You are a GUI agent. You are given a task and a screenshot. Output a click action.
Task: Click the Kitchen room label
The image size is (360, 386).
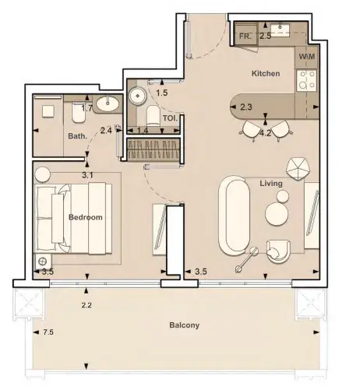(266, 73)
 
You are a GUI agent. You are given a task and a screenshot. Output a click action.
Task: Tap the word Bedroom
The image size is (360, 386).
(86, 217)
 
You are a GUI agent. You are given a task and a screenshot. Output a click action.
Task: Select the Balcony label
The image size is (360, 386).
(185, 325)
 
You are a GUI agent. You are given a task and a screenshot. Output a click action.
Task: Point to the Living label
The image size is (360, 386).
(271, 184)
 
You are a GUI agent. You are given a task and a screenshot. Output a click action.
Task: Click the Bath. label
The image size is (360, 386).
(77, 136)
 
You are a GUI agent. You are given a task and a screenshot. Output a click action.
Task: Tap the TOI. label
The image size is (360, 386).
(170, 118)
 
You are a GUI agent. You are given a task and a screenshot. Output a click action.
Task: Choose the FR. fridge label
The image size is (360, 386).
(245, 37)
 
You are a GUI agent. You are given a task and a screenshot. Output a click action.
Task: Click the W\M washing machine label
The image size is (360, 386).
(307, 56)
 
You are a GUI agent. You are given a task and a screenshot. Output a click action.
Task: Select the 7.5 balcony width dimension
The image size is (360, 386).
(48, 332)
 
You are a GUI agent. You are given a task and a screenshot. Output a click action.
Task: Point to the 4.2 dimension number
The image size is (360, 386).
(266, 133)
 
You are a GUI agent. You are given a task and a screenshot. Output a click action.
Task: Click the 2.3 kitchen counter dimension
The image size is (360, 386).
(246, 107)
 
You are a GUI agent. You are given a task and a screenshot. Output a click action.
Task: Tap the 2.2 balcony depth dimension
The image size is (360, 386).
(86, 305)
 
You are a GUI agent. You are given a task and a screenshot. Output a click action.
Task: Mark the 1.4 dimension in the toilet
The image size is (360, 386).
(143, 130)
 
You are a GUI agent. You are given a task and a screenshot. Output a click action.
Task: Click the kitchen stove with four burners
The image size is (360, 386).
(306, 80)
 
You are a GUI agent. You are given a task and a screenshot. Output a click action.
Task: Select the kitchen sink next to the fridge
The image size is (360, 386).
(281, 29)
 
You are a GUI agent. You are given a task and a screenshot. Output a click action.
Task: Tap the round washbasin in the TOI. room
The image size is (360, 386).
(138, 96)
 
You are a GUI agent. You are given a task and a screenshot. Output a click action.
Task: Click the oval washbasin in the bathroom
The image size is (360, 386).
(108, 104)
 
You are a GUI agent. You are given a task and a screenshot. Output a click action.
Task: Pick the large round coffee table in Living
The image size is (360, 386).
(277, 214)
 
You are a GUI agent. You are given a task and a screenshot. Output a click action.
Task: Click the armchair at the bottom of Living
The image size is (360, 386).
(278, 251)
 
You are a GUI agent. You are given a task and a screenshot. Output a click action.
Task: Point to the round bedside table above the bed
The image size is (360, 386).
(42, 175)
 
